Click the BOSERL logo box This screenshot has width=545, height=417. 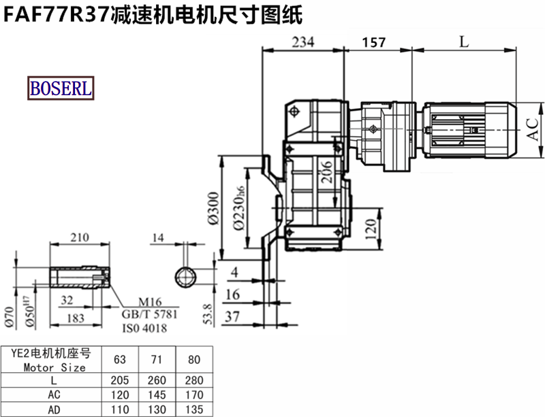pos(61,88)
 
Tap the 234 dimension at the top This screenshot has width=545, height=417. pos(303,42)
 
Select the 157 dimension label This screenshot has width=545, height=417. pos(374,42)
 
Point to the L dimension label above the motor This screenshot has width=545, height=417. pos(464,41)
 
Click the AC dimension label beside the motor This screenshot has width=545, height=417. pos(532,129)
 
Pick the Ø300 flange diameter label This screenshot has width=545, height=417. pos(213,208)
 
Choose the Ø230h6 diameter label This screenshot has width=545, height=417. pos(239,208)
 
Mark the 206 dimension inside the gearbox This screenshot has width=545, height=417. pos(326,171)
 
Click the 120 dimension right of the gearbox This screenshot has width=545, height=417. pos(371,229)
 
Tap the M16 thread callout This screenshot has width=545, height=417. pos(150,301)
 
